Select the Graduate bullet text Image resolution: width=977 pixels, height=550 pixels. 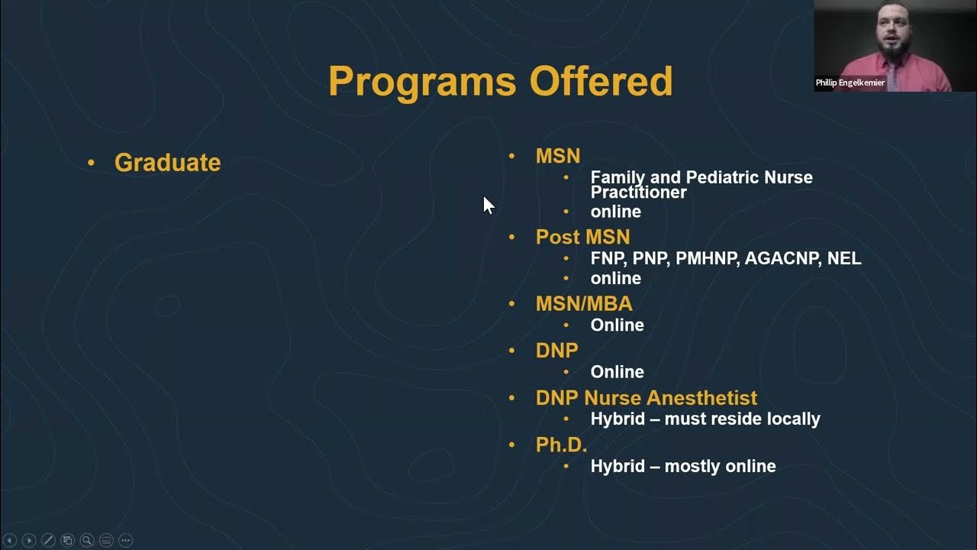point(167,162)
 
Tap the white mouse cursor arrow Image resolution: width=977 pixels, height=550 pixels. point(488,205)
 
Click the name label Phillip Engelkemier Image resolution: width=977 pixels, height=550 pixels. point(850,82)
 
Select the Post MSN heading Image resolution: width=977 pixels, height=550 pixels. point(582,237)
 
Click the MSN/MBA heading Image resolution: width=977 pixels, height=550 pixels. point(584,303)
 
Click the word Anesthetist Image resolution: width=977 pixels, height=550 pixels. point(701,398)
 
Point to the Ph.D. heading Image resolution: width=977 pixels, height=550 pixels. point(561,445)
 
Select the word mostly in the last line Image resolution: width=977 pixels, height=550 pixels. point(692,466)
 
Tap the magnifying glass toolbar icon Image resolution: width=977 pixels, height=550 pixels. point(87,540)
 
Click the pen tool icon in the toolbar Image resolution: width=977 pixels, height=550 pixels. point(48,540)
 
